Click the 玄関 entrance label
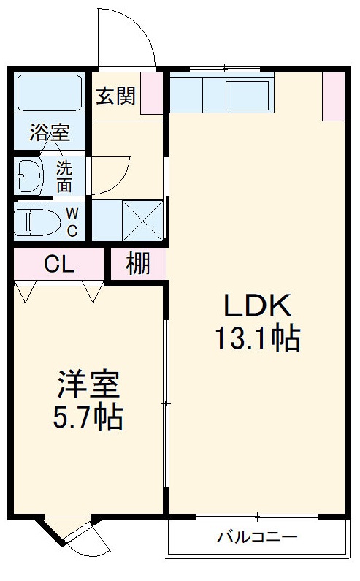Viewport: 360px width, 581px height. click(115, 96)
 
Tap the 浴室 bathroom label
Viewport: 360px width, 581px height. click(50, 133)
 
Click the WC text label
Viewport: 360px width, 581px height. click(73, 222)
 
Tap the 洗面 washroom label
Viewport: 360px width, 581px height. click(64, 175)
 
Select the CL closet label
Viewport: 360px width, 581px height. click(58, 265)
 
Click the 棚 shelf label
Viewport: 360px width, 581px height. click(138, 264)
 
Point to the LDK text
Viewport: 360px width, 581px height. click(257, 305)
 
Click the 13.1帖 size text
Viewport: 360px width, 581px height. click(257, 338)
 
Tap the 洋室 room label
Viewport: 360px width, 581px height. click(88, 385)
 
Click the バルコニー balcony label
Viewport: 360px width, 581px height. click(257, 538)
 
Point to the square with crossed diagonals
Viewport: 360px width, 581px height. click(142, 219)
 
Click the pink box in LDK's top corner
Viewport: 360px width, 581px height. click(333, 96)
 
